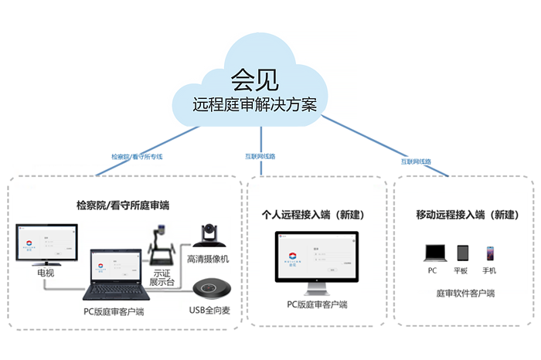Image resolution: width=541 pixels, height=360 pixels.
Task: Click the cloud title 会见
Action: coord(254,77)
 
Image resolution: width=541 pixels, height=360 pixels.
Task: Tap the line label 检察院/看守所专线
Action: coord(137,156)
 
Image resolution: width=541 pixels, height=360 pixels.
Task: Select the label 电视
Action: coord(46,273)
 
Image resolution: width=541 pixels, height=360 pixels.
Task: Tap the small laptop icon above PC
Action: coord(432,253)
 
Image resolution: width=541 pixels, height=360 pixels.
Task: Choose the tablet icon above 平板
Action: coord(462,253)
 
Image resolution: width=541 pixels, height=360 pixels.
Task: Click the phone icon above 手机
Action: coord(489,253)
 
